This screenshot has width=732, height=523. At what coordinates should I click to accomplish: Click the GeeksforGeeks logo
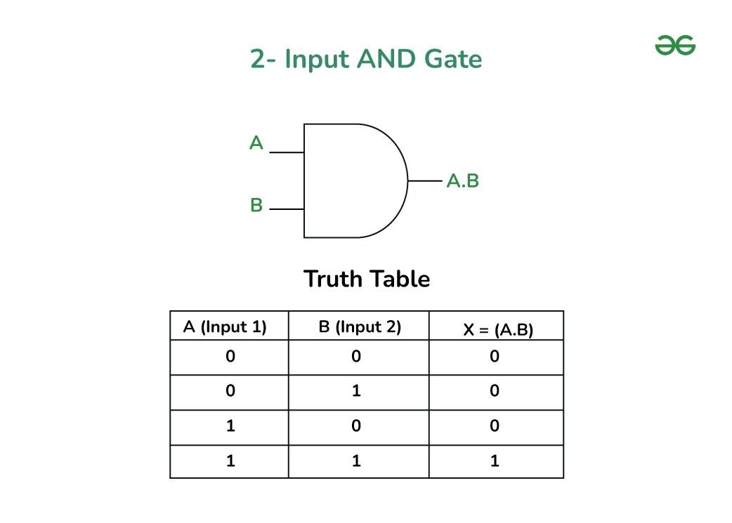pyautogui.click(x=675, y=46)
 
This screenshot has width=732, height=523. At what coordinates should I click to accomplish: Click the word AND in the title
pyautogui.click(x=386, y=59)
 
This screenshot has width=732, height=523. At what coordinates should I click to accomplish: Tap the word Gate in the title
pyautogui.click(x=452, y=59)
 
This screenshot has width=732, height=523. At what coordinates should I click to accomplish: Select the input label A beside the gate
pyautogui.click(x=256, y=144)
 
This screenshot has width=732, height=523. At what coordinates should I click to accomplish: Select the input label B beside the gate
pyautogui.click(x=256, y=206)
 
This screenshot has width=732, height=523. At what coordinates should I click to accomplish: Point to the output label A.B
pyautogui.click(x=463, y=181)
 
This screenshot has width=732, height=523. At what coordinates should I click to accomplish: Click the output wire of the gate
pyautogui.click(x=425, y=181)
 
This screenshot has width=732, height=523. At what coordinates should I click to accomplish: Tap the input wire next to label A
pyautogui.click(x=287, y=152)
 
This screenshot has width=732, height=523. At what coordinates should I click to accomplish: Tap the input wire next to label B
pyautogui.click(x=287, y=209)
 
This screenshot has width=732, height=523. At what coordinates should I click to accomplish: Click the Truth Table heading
pyautogui.click(x=366, y=279)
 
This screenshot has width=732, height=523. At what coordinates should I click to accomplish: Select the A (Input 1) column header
pyautogui.click(x=225, y=327)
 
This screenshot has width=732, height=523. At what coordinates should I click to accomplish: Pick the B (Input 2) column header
pyautogui.click(x=360, y=327)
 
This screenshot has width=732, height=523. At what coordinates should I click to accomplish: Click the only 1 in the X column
pyautogui.click(x=495, y=461)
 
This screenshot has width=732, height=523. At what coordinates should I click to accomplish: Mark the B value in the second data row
pyautogui.click(x=356, y=391)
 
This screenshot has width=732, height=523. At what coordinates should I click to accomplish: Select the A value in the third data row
pyautogui.click(x=230, y=426)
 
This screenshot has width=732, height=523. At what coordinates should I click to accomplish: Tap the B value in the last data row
pyautogui.click(x=356, y=461)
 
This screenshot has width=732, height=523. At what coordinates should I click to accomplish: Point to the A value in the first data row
pyautogui.click(x=230, y=357)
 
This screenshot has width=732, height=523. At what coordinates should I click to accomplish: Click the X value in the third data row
pyautogui.click(x=495, y=426)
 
